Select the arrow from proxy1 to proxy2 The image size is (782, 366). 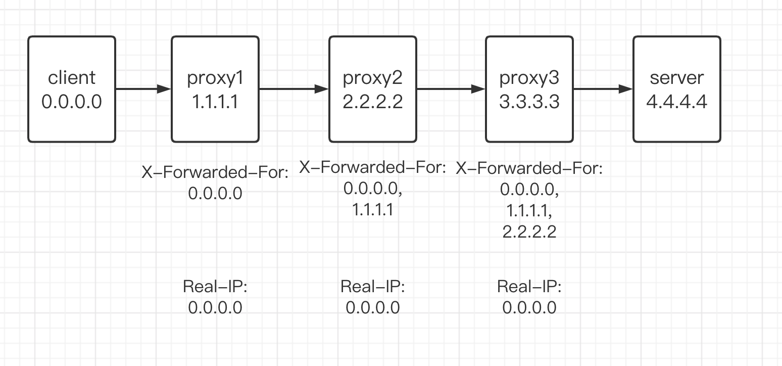294,89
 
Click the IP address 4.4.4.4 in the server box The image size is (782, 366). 676,102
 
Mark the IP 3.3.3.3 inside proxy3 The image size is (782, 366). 529,102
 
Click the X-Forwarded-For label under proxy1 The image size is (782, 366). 215,173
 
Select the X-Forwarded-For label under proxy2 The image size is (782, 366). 373,167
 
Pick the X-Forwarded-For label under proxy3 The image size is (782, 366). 529,168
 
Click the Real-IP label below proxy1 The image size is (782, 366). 215,287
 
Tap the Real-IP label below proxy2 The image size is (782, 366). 373,287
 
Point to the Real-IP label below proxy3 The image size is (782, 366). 529,287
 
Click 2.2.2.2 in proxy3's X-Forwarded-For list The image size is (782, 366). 529,232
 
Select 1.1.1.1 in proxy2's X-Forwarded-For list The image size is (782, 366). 373,210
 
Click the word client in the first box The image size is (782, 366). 71,78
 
